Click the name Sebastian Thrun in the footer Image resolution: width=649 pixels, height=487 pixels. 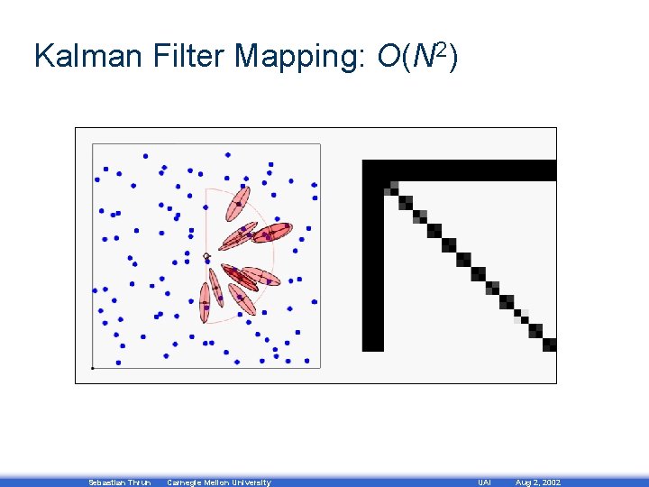tap(119, 482)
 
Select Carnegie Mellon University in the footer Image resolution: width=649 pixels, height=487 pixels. tap(218, 482)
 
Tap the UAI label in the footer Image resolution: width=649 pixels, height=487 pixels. tap(484, 482)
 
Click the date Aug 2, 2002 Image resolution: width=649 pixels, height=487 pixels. tap(537, 482)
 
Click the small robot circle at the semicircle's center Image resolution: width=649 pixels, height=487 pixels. tap(206, 256)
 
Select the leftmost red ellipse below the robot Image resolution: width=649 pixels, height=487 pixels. tap(206, 299)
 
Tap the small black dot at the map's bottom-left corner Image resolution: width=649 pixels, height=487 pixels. tap(92, 368)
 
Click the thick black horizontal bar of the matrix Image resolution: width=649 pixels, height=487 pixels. tap(460, 170)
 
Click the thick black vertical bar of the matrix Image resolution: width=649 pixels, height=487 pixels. tap(372, 262)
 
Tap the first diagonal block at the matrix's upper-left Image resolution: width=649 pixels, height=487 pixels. tap(391, 188)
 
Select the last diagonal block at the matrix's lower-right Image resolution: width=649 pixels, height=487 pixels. tap(549, 344)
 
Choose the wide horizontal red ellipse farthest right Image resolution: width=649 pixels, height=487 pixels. tap(271, 233)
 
